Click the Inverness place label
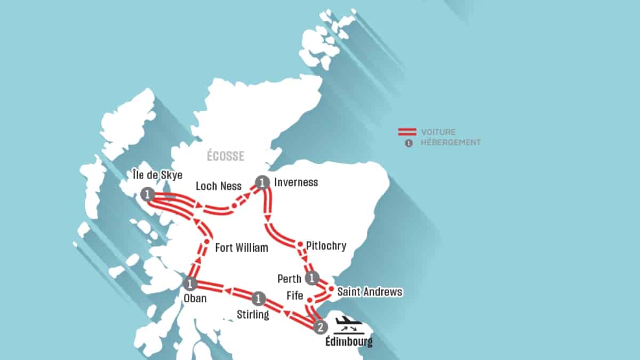pos(295,182)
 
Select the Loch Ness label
pos(219,186)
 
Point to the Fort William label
pos(241,248)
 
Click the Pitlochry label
pos(326,246)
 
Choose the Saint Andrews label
pos(371,292)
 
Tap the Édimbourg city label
pos(349,342)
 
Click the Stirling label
pos(253,315)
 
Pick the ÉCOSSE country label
pos(226,156)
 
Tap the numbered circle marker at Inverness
pos(262,182)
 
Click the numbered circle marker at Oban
pos(190,284)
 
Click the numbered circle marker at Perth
pos(312,277)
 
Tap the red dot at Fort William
pos(206,242)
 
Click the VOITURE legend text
pos(438,132)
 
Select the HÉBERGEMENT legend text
pos(451,142)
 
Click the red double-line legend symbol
pos(407,132)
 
